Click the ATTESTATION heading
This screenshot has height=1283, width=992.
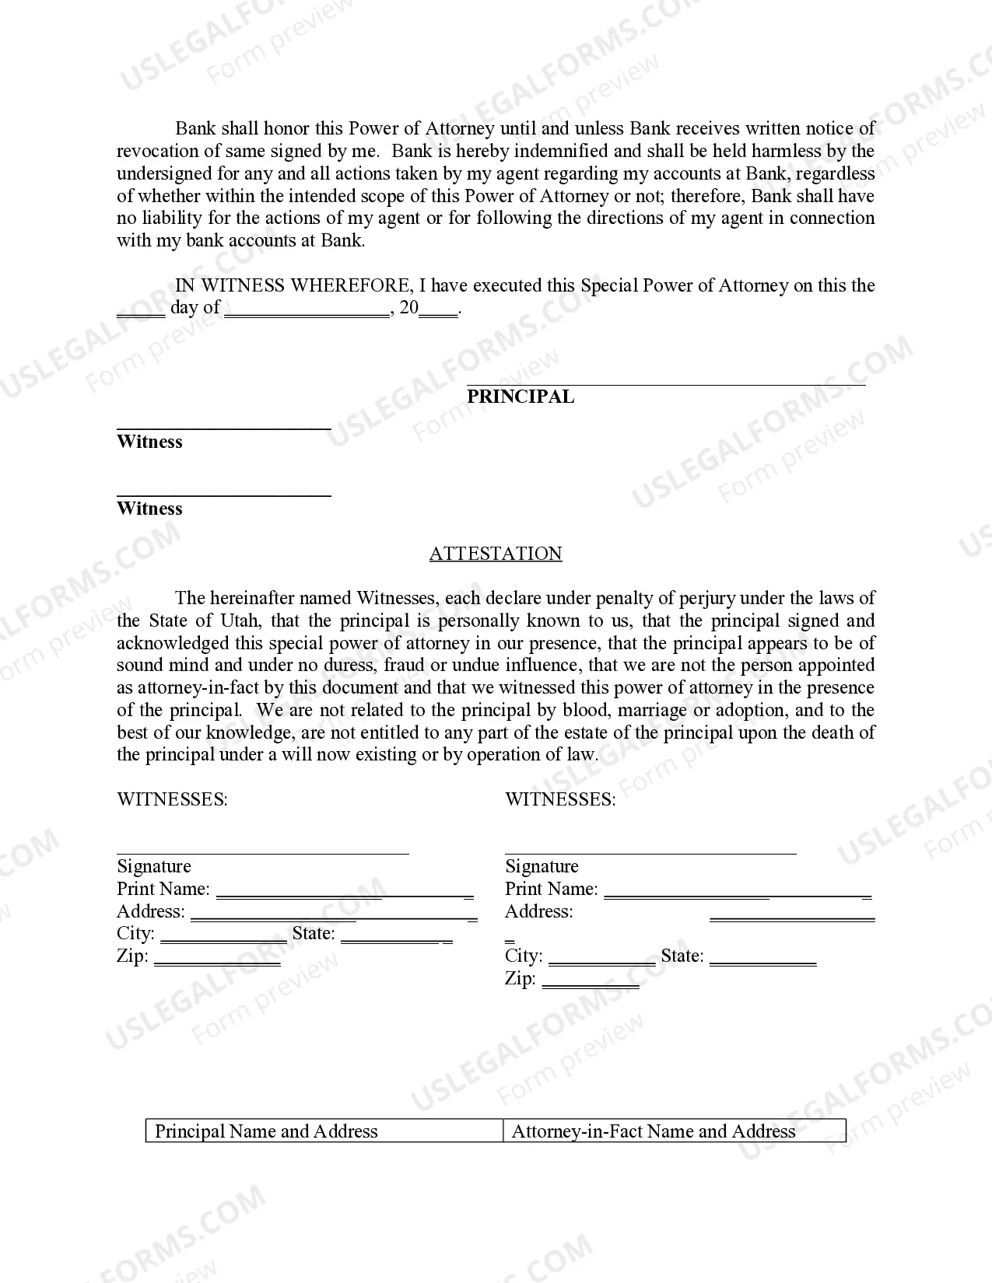(496, 554)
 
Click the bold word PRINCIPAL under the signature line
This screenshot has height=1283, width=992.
(521, 397)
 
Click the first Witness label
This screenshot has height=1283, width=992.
(149, 442)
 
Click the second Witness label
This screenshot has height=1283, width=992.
(149, 509)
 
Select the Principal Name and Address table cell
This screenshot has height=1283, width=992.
(266, 1131)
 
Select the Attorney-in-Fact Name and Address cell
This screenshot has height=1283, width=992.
(654, 1131)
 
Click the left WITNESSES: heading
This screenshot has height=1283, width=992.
(172, 799)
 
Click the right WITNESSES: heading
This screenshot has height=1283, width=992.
(560, 799)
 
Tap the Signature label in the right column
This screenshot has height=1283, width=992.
(542, 866)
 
